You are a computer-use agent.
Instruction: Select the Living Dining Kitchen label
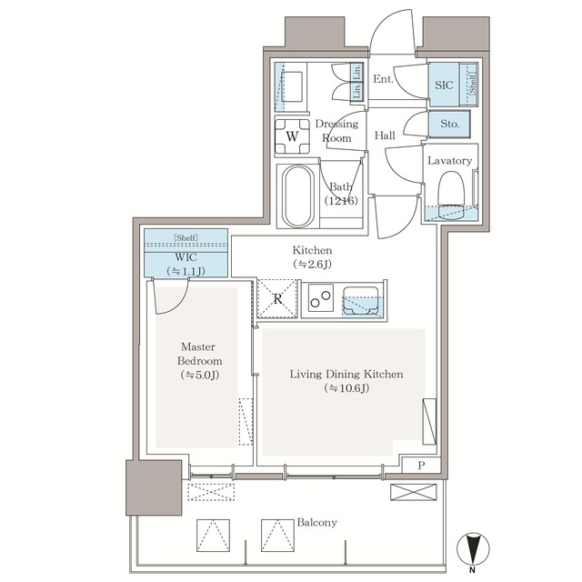(x=346, y=380)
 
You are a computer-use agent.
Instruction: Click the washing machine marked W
(x=292, y=136)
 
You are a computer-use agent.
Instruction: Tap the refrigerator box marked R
(x=276, y=298)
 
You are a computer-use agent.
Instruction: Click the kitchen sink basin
(x=363, y=299)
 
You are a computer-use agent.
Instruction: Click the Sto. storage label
(x=448, y=123)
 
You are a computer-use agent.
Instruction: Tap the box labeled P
(x=420, y=465)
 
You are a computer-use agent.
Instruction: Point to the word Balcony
(x=316, y=523)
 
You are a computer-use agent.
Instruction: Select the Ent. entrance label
(x=383, y=79)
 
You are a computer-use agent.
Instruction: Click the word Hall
(x=385, y=135)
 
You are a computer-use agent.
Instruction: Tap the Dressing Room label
(x=336, y=131)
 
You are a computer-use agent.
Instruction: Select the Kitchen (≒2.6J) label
(x=312, y=256)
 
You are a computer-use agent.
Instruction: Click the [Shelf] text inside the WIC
(x=186, y=237)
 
